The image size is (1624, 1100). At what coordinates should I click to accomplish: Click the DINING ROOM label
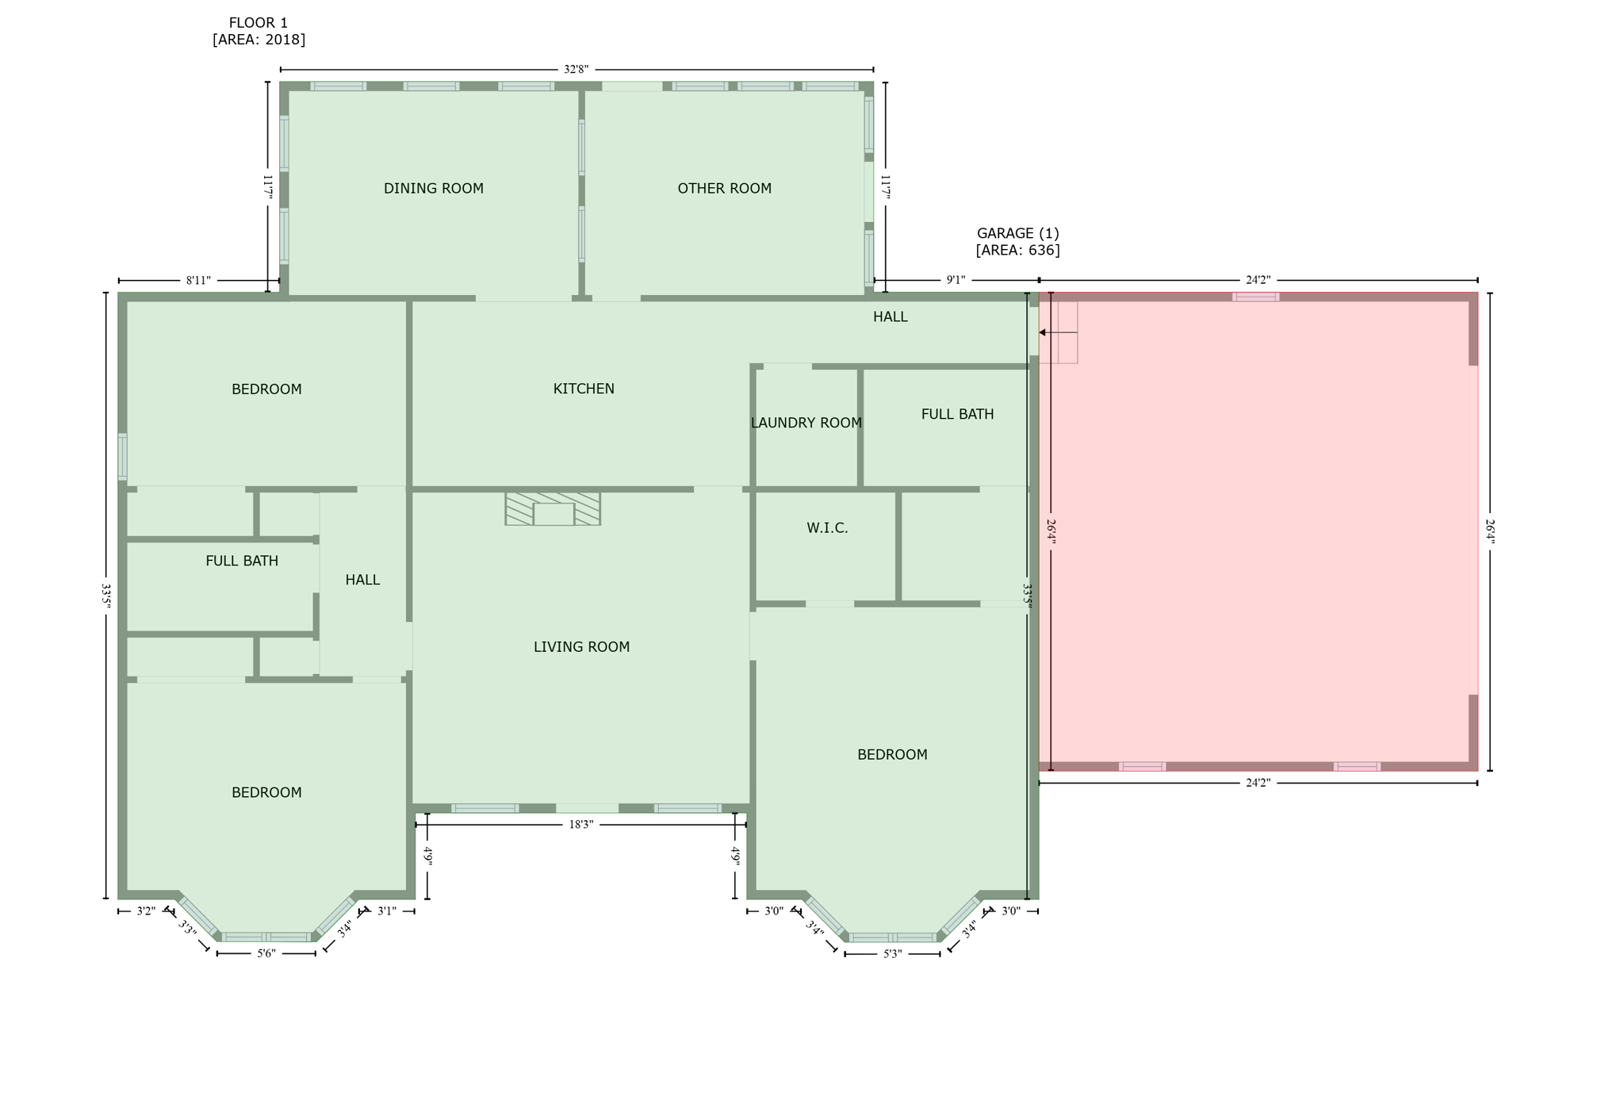tap(433, 188)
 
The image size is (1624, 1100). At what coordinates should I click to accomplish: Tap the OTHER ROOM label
tap(724, 188)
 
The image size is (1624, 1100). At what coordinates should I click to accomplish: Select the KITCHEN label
tap(584, 389)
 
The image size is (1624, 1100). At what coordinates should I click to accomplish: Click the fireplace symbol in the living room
tap(553, 508)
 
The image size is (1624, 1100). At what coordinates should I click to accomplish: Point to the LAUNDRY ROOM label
tap(806, 423)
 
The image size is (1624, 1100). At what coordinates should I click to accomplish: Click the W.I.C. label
tap(827, 527)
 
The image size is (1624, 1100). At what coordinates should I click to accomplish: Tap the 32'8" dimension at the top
tap(576, 70)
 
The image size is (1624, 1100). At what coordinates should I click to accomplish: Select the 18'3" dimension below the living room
tap(580, 825)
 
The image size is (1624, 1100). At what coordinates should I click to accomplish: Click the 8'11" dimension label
tap(198, 281)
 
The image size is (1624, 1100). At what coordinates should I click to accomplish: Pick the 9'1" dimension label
tap(956, 280)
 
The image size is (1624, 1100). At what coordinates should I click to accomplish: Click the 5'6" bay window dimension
tap(266, 953)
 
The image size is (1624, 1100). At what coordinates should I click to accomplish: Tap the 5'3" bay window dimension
tap(892, 954)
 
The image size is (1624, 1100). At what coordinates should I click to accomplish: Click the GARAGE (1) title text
tap(1017, 233)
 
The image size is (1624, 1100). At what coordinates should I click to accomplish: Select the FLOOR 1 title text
tap(259, 23)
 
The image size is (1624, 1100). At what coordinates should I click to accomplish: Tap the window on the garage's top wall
tap(1255, 297)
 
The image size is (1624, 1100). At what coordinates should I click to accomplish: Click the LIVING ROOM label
tap(581, 647)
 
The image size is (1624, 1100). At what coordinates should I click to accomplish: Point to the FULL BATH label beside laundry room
tap(957, 414)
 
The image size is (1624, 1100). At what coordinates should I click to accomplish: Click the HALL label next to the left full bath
tap(362, 580)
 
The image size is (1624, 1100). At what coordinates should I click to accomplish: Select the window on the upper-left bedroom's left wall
tap(123, 457)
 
